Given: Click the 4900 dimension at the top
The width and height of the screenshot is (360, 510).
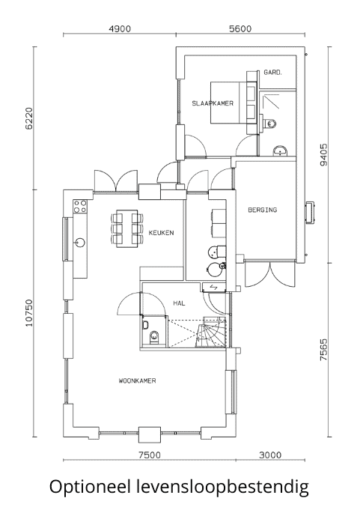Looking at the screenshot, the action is point(120,29).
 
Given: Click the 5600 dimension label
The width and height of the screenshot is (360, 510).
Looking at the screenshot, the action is point(240,29).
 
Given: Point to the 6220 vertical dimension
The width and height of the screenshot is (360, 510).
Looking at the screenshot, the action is point(29,118).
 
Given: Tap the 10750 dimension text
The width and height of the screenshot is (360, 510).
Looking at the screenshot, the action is point(29,313).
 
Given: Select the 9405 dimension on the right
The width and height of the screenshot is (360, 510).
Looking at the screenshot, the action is point(324,155).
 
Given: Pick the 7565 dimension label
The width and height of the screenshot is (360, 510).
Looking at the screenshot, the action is point(324,350).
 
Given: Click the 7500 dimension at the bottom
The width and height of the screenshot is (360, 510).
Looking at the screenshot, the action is point(150,455).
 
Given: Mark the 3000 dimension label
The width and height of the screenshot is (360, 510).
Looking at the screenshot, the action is point(270,455).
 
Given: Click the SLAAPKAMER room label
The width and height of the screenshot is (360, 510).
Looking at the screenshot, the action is point(213,103).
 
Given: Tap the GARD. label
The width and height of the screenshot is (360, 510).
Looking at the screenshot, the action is point(272,73).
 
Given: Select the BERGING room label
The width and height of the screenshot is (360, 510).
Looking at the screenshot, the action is point(263,210).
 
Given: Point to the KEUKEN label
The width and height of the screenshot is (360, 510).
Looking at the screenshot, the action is point(161,233).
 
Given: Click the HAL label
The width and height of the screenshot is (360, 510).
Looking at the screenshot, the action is point(179,303).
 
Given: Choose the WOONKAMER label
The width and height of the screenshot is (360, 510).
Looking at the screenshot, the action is point(137,380).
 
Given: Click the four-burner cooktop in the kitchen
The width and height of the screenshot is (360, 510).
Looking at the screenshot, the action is point(80,206).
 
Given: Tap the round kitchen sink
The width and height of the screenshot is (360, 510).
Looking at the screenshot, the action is point(80,242).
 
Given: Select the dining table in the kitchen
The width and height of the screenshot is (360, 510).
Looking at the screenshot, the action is point(126,228).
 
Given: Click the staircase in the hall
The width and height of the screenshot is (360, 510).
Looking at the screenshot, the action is point(211,332).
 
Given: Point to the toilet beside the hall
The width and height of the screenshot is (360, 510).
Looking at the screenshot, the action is point(154,337).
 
